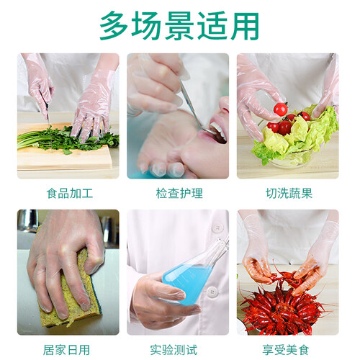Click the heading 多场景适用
pos(179,26)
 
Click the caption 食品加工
pos(70,194)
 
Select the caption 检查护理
pos(179,194)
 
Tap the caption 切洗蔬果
pos(289,194)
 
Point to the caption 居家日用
pos(66,350)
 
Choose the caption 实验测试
pos(174,350)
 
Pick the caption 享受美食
pos(285,350)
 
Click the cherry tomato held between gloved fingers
pos(280,109)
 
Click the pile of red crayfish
pos(281,312)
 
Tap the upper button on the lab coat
pos(217,228)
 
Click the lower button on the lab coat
pos(212,292)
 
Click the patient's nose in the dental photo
pos(224,106)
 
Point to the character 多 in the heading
pos(114,26)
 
